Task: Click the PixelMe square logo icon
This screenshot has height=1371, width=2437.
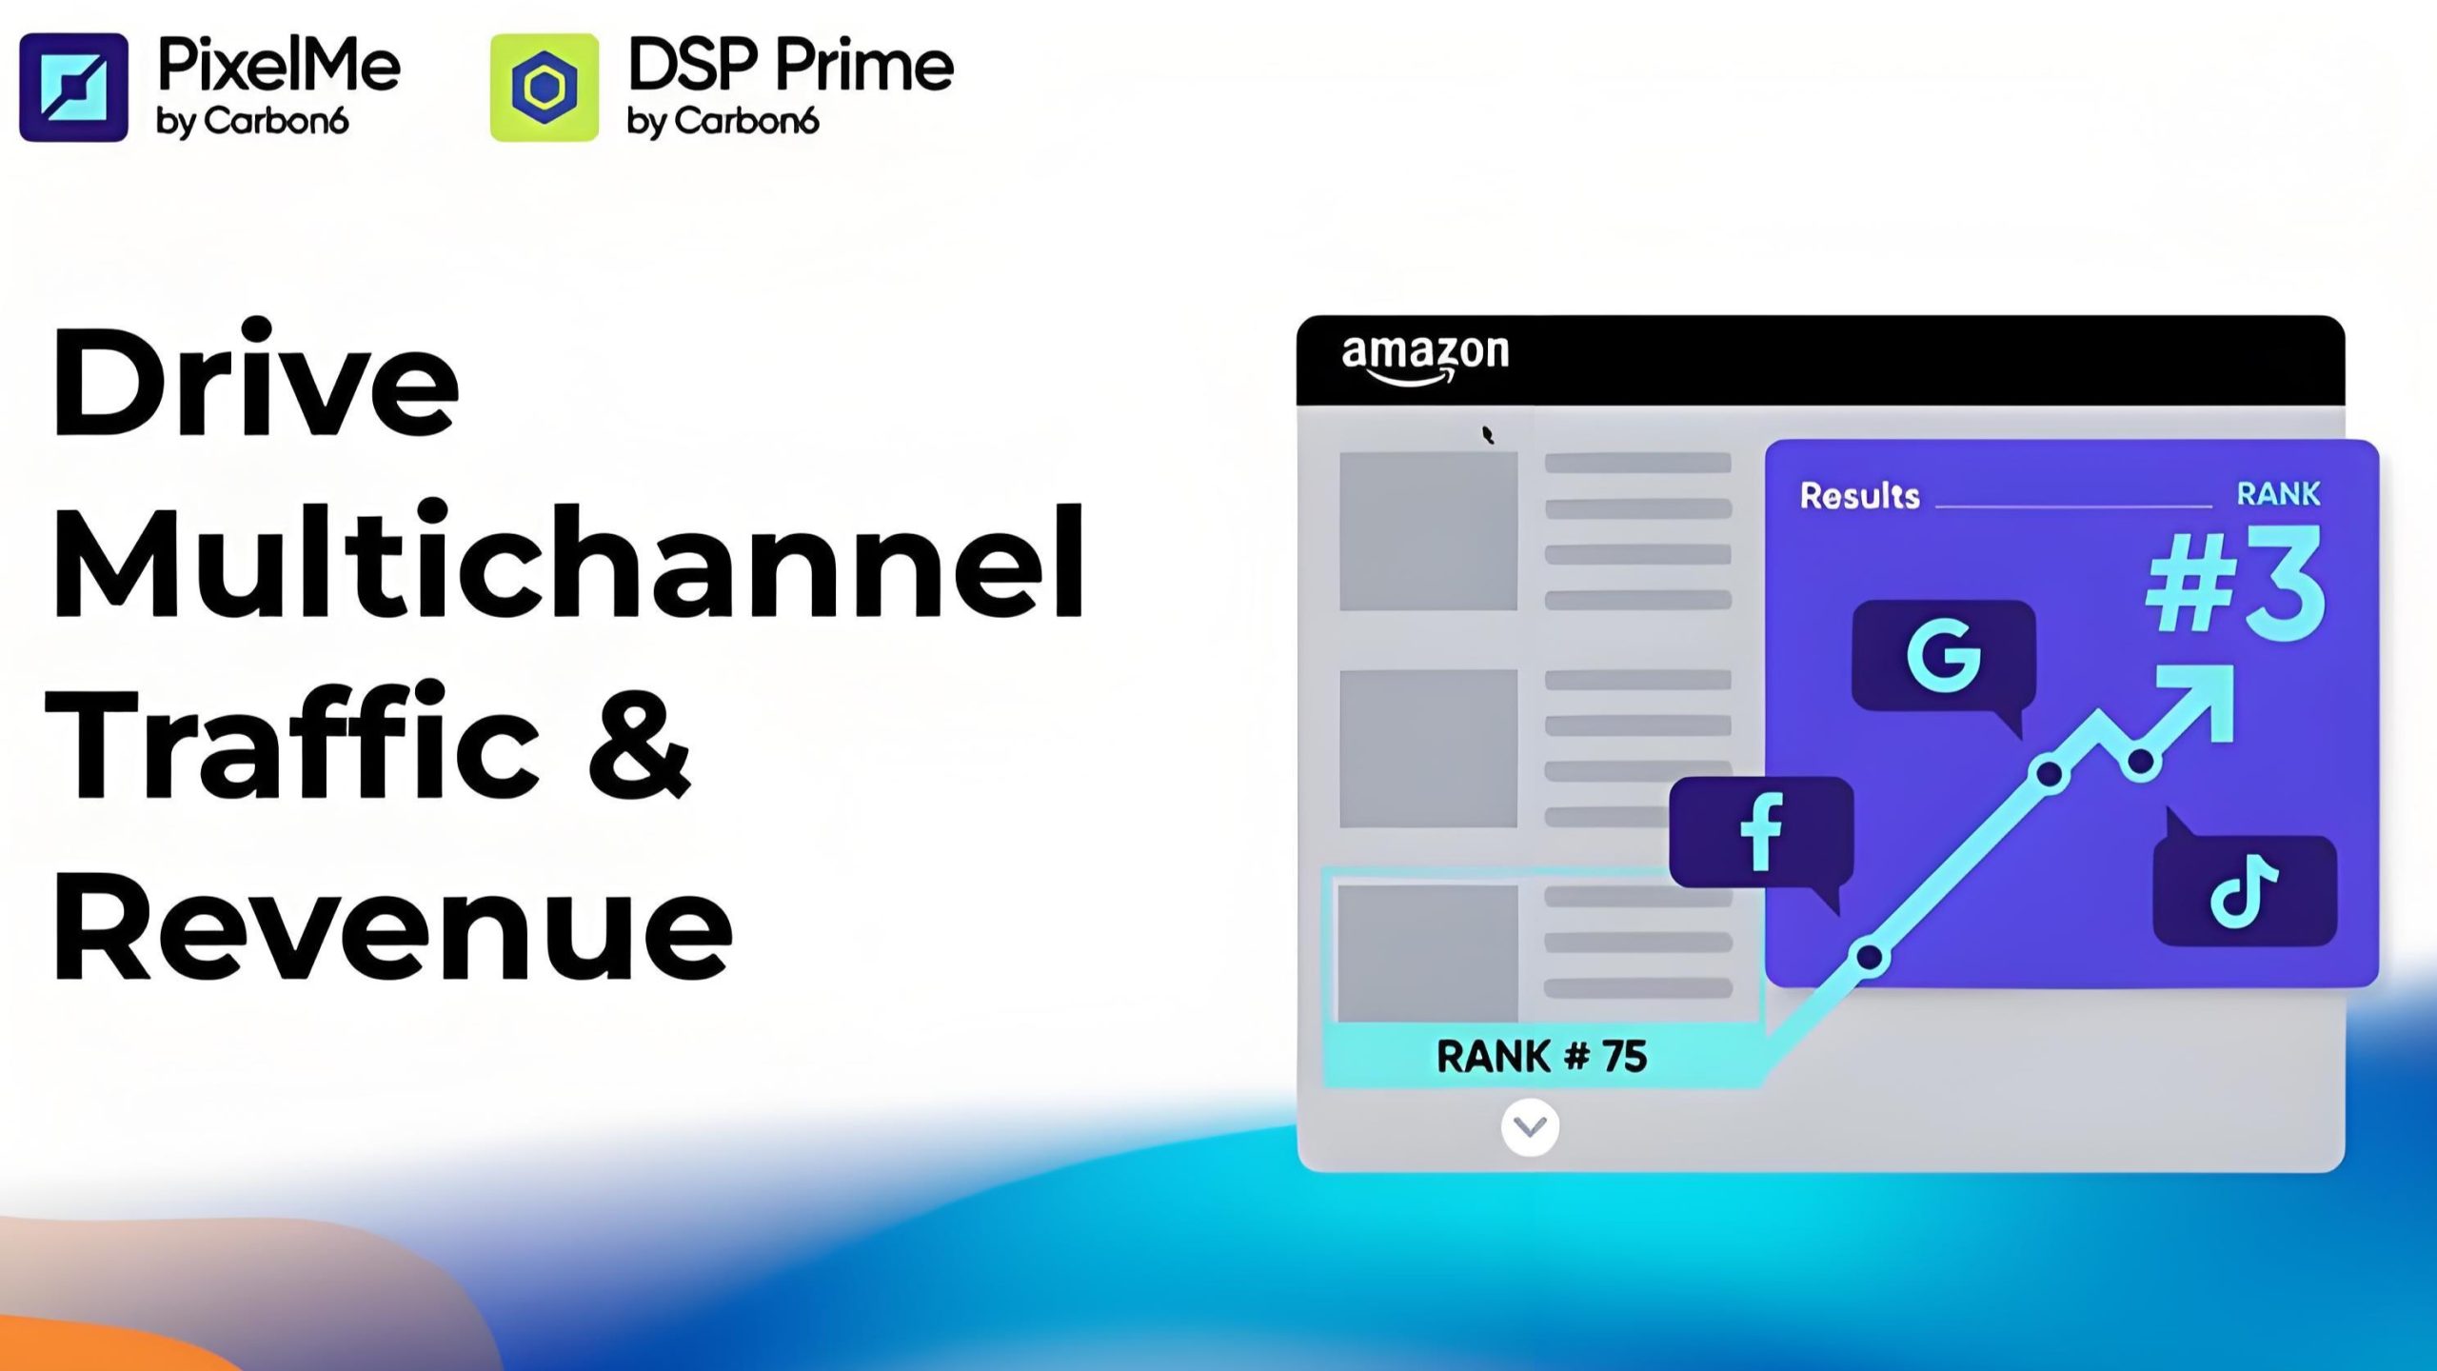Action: click(73, 88)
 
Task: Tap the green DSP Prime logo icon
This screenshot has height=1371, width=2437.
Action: click(545, 88)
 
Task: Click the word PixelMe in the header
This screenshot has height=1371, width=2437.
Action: click(279, 65)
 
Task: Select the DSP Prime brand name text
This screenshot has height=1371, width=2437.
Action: click(791, 65)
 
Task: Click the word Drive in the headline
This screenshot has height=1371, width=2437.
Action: click(255, 381)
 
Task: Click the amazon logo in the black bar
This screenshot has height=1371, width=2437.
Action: click(1425, 359)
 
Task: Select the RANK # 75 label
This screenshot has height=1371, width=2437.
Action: click(1541, 1056)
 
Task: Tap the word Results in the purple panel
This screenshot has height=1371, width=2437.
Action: click(1859, 496)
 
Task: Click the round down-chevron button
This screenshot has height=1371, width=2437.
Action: click(1530, 1127)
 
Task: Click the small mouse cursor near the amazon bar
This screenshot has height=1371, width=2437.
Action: click(1488, 435)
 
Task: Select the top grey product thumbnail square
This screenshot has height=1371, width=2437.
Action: click(1428, 530)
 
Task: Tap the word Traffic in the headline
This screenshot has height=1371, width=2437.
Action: click(293, 743)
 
